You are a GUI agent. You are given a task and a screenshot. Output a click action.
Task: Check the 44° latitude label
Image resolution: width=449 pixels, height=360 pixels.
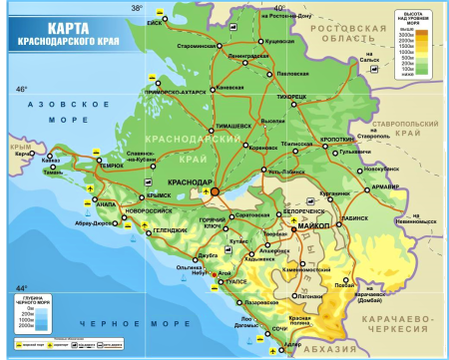click(20, 287)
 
